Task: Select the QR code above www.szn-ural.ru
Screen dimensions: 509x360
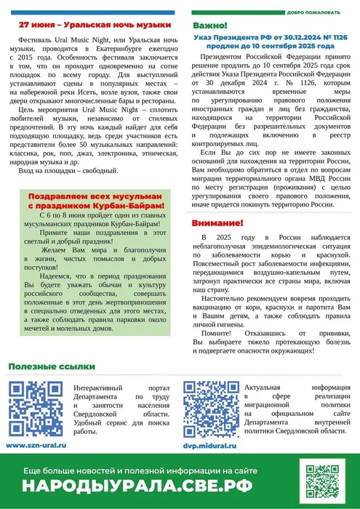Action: (36, 409)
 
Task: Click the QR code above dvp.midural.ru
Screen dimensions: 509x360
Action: (210, 409)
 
